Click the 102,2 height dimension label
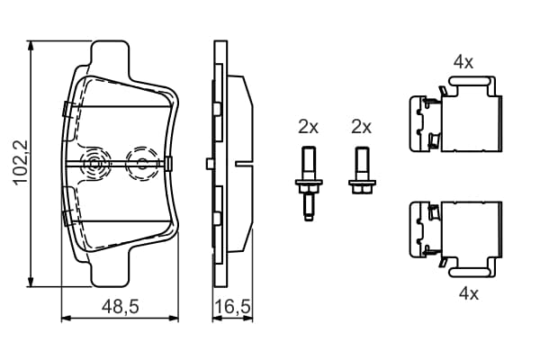click(x=21, y=163)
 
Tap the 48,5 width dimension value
click(x=121, y=306)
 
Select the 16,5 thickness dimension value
click(x=232, y=306)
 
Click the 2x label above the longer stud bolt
click(x=308, y=127)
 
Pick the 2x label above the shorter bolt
click(x=361, y=127)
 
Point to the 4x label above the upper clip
click(x=463, y=62)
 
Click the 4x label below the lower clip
click(x=469, y=294)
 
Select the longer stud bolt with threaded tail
click(x=309, y=184)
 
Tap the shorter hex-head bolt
click(x=363, y=170)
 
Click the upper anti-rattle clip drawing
click(x=455, y=114)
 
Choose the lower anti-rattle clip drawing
click(x=455, y=239)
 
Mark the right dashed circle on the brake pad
click(x=141, y=164)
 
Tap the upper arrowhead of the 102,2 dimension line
click(x=31, y=47)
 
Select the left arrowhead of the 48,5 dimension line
click(x=66, y=319)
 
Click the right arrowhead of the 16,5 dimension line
click(x=248, y=319)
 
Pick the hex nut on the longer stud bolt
click(x=309, y=190)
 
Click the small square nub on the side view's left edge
click(x=210, y=164)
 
